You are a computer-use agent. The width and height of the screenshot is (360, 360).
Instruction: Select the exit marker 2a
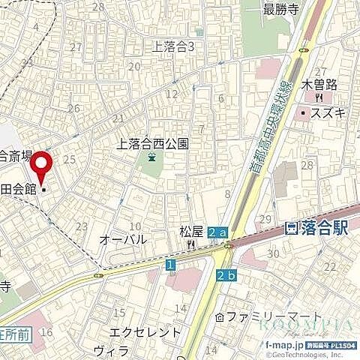(217, 233)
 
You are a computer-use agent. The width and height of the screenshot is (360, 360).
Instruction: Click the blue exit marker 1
(170, 265)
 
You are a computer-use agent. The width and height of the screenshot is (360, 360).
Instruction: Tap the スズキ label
(328, 112)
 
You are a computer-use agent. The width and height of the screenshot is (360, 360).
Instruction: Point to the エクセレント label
(145, 331)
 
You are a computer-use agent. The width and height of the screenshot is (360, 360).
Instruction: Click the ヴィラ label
(110, 349)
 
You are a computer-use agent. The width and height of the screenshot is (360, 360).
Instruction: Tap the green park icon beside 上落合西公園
(152, 157)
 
